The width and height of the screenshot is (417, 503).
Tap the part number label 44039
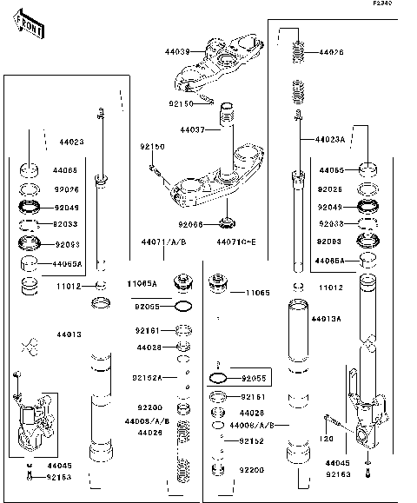(x=176, y=51)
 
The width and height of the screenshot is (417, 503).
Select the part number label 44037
(x=192, y=130)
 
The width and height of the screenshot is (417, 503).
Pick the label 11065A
(x=142, y=283)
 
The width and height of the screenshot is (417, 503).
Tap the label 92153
(x=58, y=477)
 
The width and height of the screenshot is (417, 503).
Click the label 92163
(x=340, y=475)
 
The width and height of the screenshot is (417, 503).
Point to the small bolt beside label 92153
(x=30, y=476)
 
